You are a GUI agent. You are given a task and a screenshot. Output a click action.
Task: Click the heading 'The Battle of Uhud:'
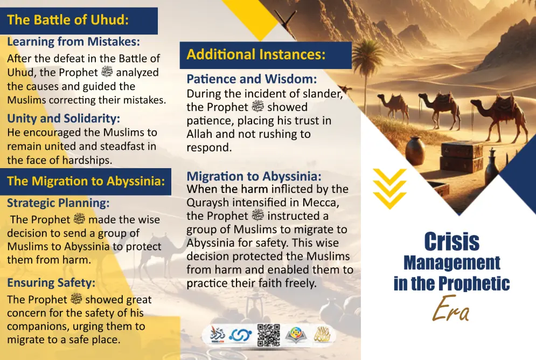point(68,20)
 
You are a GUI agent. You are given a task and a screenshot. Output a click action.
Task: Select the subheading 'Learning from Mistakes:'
point(73,41)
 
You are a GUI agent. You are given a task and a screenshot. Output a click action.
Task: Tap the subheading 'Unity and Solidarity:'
point(64,118)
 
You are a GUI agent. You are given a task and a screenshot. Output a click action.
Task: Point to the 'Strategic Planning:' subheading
point(58,203)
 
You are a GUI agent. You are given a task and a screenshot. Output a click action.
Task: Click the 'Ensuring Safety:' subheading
point(51,283)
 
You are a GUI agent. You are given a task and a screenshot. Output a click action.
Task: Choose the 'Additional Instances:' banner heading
point(256,54)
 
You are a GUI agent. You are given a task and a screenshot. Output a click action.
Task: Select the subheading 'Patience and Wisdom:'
point(252,79)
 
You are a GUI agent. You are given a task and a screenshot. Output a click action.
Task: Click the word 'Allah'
point(199,134)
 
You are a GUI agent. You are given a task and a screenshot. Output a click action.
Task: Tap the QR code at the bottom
point(269,335)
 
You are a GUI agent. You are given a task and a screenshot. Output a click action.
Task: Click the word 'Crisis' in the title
point(451,242)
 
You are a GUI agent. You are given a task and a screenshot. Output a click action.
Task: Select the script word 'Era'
point(451,308)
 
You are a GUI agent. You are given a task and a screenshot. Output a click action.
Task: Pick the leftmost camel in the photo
point(394,107)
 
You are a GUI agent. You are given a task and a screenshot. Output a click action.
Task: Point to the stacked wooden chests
point(461,157)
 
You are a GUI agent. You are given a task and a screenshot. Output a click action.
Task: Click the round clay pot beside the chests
point(415,151)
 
